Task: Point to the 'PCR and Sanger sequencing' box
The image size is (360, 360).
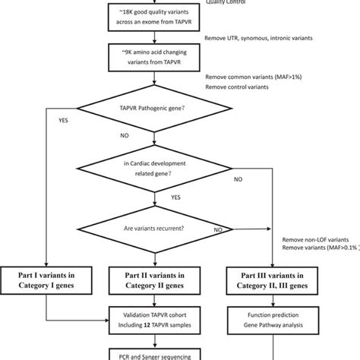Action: [x=155, y=354]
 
